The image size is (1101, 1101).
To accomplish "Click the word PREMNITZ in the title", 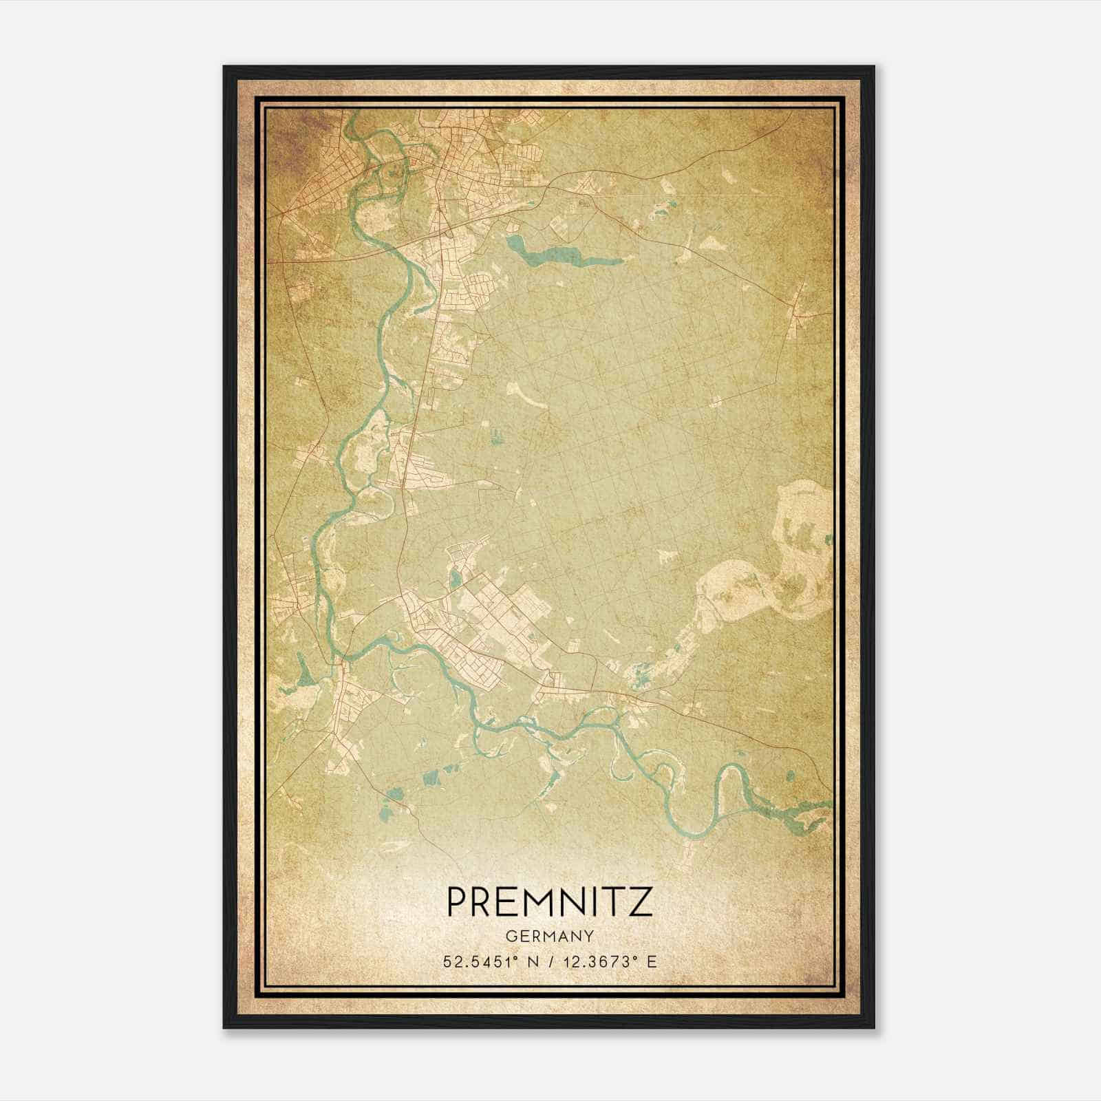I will tap(549, 901).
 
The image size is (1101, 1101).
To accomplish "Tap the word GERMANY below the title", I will tap(549, 937).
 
